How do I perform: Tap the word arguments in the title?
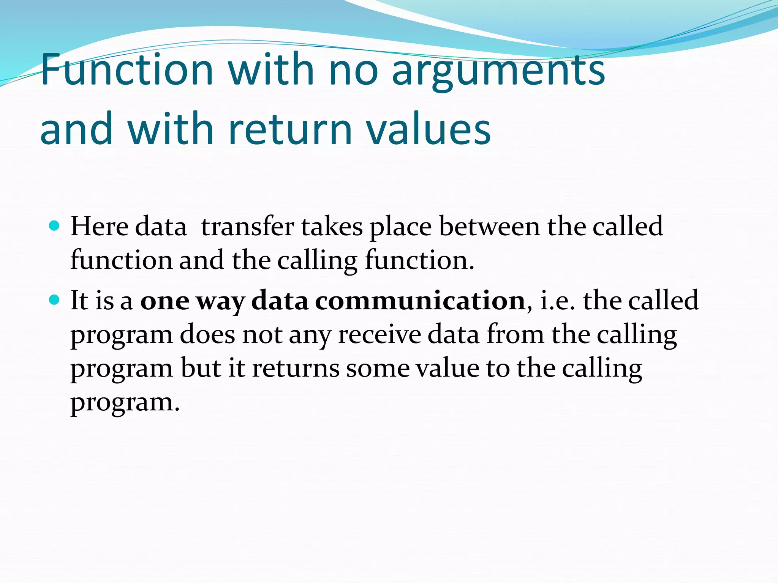coord(498,70)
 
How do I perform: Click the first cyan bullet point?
coord(55,226)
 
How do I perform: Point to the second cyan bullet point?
coord(55,301)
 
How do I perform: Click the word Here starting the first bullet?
coord(100,227)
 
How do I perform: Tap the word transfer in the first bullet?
coord(247,227)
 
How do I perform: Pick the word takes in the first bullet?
coord(332,227)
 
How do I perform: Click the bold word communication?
coord(420,301)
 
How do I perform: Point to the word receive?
coord(380,335)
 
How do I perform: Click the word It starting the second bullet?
coord(79,301)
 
